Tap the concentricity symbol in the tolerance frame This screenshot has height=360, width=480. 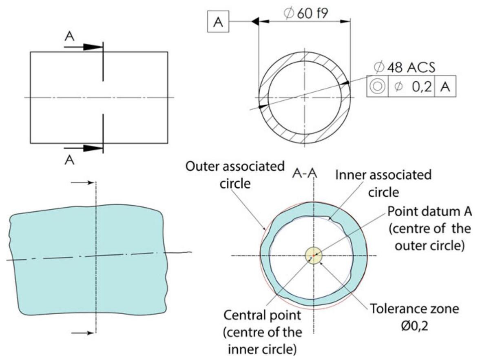click(377, 86)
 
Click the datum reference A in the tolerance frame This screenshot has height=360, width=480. click(445, 86)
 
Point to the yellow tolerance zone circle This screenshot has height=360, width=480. click(314, 256)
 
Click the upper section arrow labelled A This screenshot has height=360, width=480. click(84, 47)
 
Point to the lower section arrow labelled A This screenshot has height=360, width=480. click(84, 148)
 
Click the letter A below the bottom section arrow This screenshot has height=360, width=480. click(70, 160)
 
